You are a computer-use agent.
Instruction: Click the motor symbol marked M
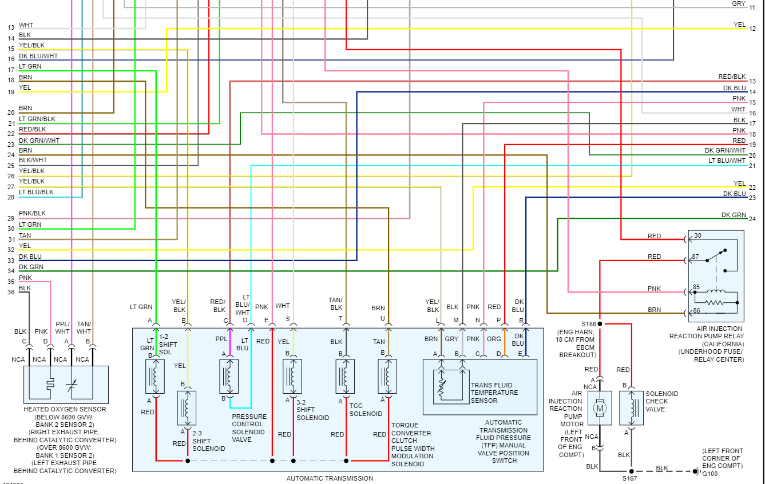tap(600, 408)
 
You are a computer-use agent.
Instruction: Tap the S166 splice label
tap(588, 323)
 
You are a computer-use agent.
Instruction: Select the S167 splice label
tap(631, 478)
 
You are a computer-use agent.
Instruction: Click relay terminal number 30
tap(697, 236)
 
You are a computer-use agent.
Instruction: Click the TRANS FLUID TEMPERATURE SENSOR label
tap(494, 393)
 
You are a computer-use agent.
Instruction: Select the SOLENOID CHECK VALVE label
tap(661, 401)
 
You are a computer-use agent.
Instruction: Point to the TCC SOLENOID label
tap(366, 410)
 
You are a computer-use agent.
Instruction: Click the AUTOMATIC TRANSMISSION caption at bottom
tap(330, 478)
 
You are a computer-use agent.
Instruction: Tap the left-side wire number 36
tap(11, 292)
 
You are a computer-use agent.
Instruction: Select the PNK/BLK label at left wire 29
tap(32, 213)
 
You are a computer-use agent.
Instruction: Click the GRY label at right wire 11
tap(739, 3)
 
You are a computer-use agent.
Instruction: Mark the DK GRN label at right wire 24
tap(734, 215)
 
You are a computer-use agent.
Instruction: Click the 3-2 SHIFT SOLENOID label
tap(312, 414)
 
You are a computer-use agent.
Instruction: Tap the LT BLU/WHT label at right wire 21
tap(727, 161)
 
